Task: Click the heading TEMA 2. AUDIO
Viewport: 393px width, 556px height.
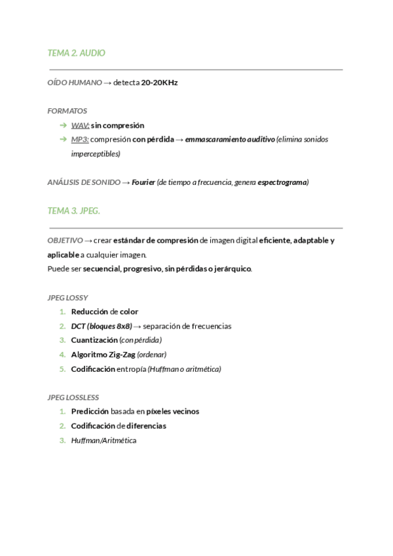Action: click(x=77, y=53)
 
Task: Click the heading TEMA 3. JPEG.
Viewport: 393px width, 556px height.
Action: click(x=74, y=211)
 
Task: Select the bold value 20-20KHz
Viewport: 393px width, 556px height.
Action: click(x=159, y=83)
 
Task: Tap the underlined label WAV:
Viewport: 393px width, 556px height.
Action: click(x=80, y=125)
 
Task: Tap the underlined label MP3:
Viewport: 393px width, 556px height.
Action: click(x=80, y=140)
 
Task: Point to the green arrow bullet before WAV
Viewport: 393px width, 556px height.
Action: click(x=62, y=125)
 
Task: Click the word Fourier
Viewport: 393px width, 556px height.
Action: click(x=143, y=182)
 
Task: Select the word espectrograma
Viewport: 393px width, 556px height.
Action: click(x=282, y=182)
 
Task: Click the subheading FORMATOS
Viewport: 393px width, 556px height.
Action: click(x=67, y=111)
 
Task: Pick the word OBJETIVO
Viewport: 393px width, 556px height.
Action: click(x=65, y=241)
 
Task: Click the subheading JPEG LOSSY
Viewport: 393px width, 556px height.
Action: click(x=68, y=298)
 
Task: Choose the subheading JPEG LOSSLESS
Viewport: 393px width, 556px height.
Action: click(x=73, y=397)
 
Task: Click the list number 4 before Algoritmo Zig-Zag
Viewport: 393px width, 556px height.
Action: click(x=62, y=355)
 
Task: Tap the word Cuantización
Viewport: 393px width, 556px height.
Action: click(x=94, y=340)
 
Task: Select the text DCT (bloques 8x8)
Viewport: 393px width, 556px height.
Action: click(x=102, y=326)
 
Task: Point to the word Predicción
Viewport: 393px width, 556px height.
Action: click(x=90, y=412)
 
